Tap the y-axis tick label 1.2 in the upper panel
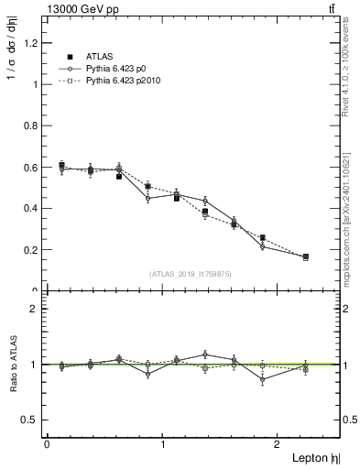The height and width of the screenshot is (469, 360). coord(28,43)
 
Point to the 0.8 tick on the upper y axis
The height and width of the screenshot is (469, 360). coord(28,125)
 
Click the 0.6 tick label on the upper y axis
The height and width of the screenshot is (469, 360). coord(28,167)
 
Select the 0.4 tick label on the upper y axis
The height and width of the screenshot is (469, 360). coord(28,208)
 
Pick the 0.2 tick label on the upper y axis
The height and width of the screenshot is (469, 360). coord(28,249)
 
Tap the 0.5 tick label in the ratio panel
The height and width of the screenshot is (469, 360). coord(28,420)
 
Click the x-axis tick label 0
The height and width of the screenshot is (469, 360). coord(47,444)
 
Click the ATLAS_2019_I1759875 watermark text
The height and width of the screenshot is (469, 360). coord(191,273)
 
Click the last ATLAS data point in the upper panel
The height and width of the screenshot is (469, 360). coord(305,256)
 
